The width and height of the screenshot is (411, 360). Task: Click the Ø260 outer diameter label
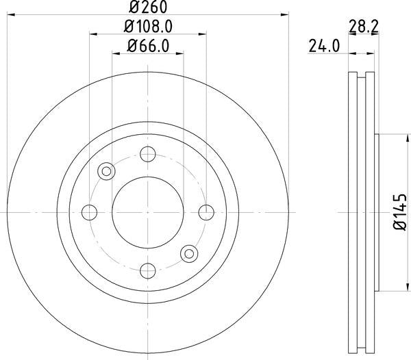tap(147, 8)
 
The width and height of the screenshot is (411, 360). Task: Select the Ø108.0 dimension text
tap(147, 27)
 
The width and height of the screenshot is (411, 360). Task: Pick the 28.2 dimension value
tap(364, 27)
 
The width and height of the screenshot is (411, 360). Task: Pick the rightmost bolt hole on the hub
tap(205, 212)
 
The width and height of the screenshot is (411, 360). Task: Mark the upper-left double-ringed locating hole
tap(107, 171)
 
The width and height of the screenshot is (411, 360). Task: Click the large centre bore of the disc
tap(147, 212)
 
